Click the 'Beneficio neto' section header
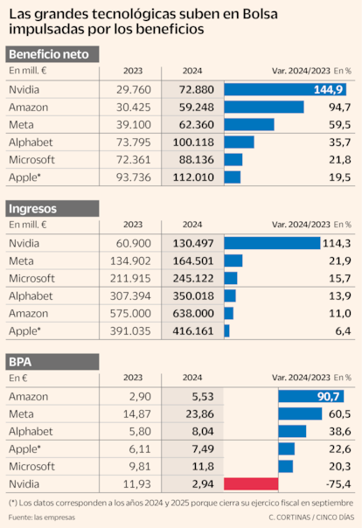click(x=52, y=54)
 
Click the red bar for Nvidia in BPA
click(x=251, y=483)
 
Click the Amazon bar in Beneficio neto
click(x=264, y=107)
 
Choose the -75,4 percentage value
click(x=337, y=483)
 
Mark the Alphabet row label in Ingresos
click(x=31, y=295)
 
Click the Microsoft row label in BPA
click(x=31, y=466)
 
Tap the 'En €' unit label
click(x=18, y=378)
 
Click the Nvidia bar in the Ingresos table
click(x=272, y=242)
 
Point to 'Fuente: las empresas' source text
click(x=41, y=518)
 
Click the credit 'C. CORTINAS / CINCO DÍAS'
click(x=306, y=518)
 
